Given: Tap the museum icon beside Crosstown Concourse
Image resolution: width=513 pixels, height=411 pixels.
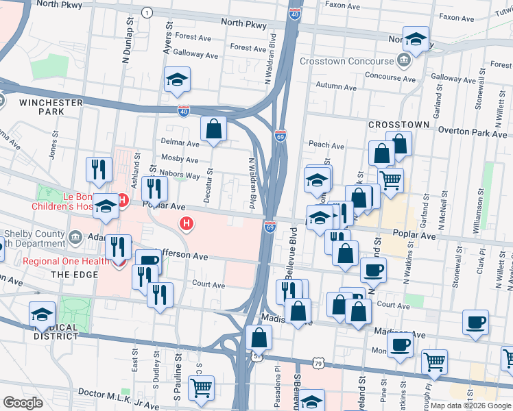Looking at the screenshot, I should click(x=403, y=61).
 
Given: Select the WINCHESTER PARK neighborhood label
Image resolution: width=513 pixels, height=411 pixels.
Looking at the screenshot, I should click(x=51, y=107).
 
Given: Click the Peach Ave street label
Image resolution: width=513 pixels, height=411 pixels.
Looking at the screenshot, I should click(x=326, y=145).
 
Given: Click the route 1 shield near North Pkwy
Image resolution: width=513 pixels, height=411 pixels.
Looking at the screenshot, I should click(x=146, y=13).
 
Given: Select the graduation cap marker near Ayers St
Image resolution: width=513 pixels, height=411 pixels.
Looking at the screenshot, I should click(x=177, y=80).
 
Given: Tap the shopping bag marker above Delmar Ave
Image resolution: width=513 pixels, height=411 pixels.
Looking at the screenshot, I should click(x=214, y=128).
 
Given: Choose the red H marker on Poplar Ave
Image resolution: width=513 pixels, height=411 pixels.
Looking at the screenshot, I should click(x=186, y=223).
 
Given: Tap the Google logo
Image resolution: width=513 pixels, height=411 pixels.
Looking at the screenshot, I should click(x=23, y=402).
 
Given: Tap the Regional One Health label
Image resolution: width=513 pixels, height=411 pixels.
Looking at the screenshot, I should click(x=65, y=261).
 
